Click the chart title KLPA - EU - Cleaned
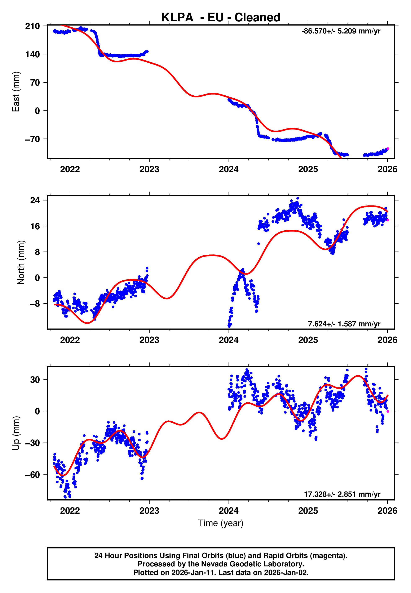[x=221, y=18]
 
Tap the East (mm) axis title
[x=16, y=92]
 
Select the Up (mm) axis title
[x=16, y=433]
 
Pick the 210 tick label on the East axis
[x=32, y=26]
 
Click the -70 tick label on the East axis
[x=32, y=139]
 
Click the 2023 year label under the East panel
[x=149, y=169]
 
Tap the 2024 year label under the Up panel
[x=229, y=511]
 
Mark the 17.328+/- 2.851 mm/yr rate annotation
[x=342, y=494]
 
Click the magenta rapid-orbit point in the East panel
[x=388, y=149]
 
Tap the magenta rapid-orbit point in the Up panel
[x=388, y=411]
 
